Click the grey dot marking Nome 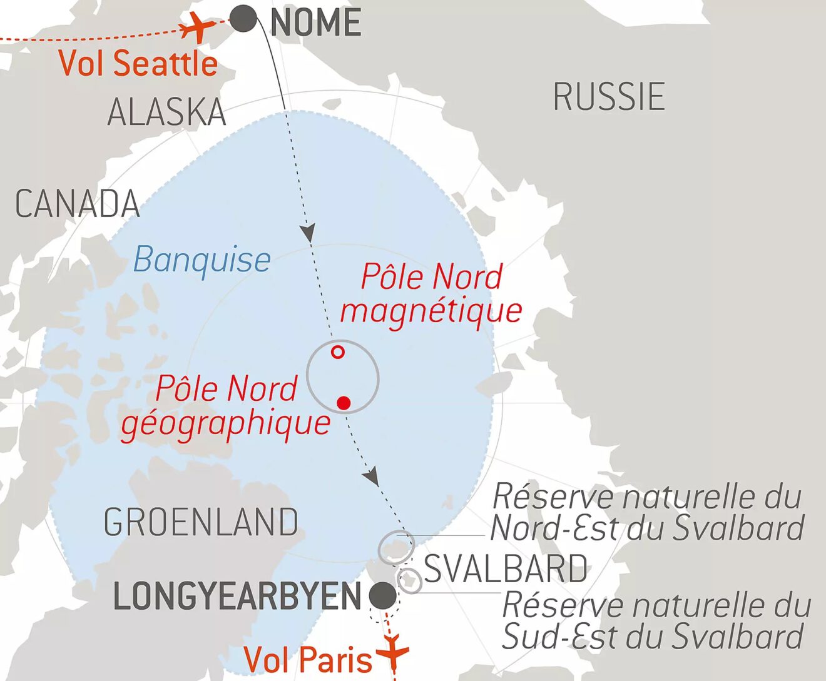coord(243,19)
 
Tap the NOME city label coord(316,23)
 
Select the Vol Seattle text coord(138,63)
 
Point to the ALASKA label coord(166,113)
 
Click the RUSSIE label coord(609,97)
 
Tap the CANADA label coord(78,204)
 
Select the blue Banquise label coord(201,260)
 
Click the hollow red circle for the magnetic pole coord(338,352)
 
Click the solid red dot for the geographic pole coord(344,403)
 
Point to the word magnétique coord(431,310)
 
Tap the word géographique coord(226,423)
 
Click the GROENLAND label coord(201,522)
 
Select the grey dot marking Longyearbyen coord(382,596)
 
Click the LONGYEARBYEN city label coord(238,597)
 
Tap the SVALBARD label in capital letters coord(506,569)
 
